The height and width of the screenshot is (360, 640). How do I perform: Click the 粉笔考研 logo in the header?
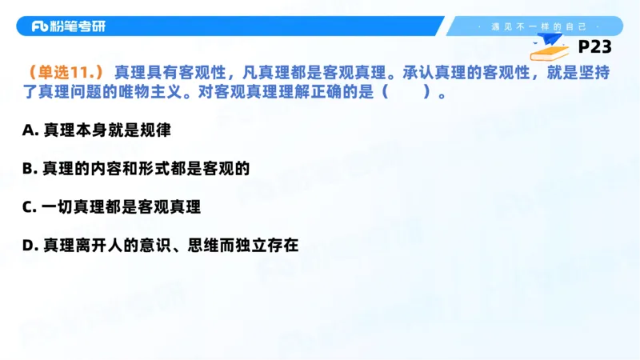[68, 26]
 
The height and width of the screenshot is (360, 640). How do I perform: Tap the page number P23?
[594, 47]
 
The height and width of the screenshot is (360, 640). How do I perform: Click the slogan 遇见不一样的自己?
[537, 26]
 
